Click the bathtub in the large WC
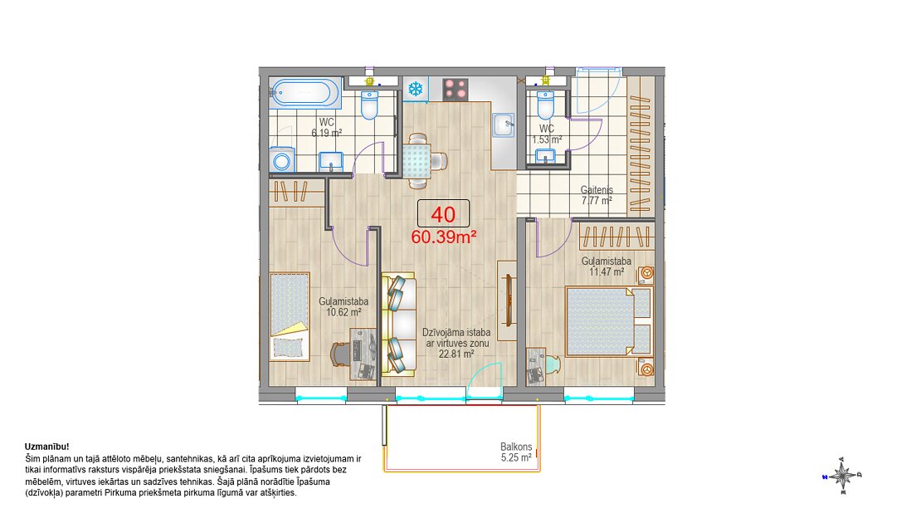[305, 93]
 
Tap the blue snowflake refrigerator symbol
[416, 90]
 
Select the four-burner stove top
[456, 90]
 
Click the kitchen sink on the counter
[504, 125]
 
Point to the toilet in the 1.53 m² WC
[546, 105]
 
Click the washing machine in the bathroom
[282, 159]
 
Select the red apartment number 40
[443, 215]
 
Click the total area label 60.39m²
[443, 237]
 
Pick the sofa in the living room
[399, 324]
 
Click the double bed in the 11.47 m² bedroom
[609, 321]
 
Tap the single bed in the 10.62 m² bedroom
[290, 316]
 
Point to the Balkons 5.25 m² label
[516, 452]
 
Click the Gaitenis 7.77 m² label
[597, 195]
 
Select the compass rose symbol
[842, 475]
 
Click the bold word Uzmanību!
[47, 447]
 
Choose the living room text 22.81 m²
[456, 354]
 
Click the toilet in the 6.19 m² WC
[369, 105]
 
